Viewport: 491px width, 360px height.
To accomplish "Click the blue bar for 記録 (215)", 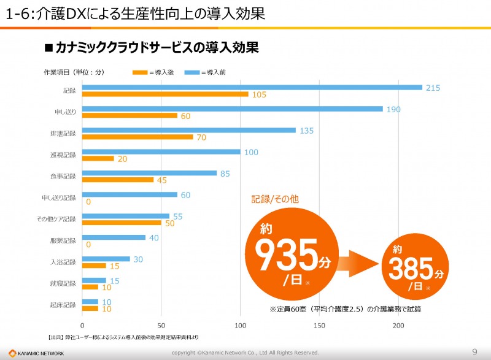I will click(x=252, y=87).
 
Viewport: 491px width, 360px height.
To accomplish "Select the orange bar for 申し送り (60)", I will click(x=130, y=115).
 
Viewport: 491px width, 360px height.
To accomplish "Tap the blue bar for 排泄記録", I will click(x=189, y=130).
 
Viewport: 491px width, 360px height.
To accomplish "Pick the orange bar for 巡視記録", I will click(x=98, y=158).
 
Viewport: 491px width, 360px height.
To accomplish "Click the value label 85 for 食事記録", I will click(x=225, y=174).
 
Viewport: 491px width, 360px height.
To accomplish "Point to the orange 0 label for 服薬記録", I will click(x=89, y=244).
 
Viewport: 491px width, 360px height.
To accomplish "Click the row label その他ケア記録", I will click(x=60, y=219).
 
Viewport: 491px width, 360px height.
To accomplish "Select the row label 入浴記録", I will click(x=63, y=262).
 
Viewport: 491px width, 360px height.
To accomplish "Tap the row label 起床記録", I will click(x=63, y=305).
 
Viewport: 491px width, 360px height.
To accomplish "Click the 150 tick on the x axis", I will click(x=319, y=325).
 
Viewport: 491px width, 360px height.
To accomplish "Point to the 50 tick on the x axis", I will click(x=161, y=325).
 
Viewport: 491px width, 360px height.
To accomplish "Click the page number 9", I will click(x=474, y=351).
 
